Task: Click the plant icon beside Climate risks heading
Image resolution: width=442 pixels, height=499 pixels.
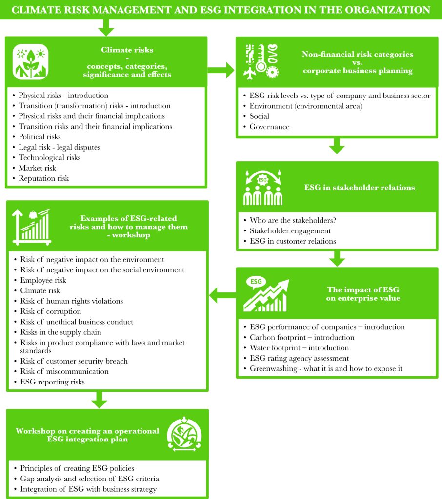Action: (x=27, y=62)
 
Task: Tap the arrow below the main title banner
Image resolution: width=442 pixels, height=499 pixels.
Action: (x=105, y=29)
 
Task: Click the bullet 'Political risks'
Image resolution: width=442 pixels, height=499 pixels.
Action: (x=40, y=137)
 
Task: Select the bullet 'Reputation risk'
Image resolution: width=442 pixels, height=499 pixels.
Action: (x=43, y=178)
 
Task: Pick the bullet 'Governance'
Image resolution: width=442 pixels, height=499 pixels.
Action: (x=269, y=127)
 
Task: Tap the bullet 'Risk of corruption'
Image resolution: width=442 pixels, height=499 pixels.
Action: (x=50, y=311)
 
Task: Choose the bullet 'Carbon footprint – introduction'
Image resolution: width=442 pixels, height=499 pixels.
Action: (x=302, y=337)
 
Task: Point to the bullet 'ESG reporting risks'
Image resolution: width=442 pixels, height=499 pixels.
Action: (x=52, y=382)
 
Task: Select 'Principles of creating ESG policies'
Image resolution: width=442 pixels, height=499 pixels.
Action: (x=77, y=468)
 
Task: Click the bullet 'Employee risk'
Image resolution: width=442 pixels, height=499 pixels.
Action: (x=43, y=280)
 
